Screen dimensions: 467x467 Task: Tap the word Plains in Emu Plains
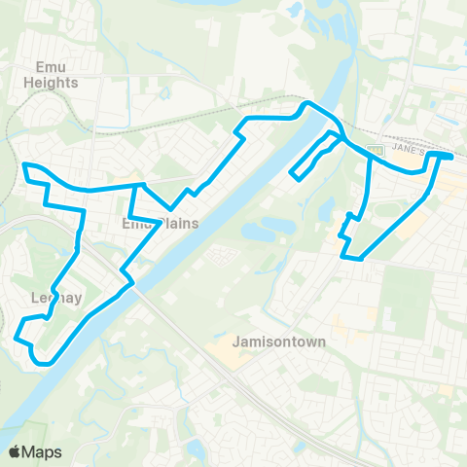pyautogui.click(x=177, y=223)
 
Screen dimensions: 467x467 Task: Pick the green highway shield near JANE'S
pyautogui.click(x=374, y=150)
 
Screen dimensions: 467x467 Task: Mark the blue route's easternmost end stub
pyautogui.click(x=450, y=155)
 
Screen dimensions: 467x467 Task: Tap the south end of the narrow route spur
pyautogui.click(x=294, y=176)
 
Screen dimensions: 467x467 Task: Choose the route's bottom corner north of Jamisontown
pyautogui.click(x=360, y=259)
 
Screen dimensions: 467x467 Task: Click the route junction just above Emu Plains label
pyautogui.click(x=142, y=185)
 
